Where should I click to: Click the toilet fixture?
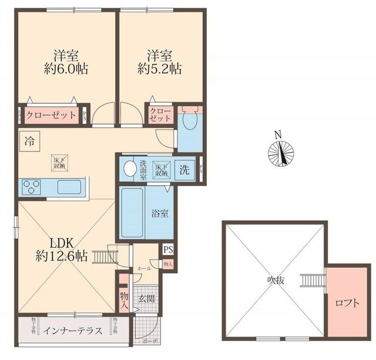point(188,121)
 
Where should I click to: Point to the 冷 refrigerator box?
point(29,141)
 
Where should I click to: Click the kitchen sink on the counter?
point(69,187)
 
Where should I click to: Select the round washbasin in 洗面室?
point(129,170)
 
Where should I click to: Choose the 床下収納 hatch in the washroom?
point(162,169)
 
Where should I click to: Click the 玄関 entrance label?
point(146,298)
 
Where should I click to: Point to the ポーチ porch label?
point(147,341)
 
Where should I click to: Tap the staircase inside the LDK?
point(105,256)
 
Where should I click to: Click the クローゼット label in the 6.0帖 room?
point(51,115)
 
